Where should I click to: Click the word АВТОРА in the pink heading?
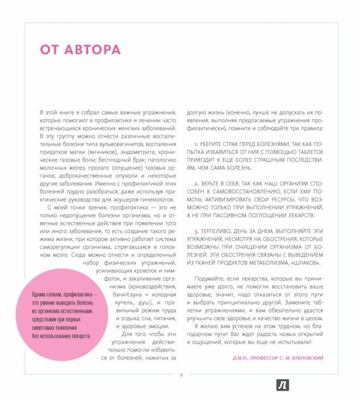[x=96, y=49]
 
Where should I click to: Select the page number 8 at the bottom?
[x=181, y=374]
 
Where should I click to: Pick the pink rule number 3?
[x=196, y=232]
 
